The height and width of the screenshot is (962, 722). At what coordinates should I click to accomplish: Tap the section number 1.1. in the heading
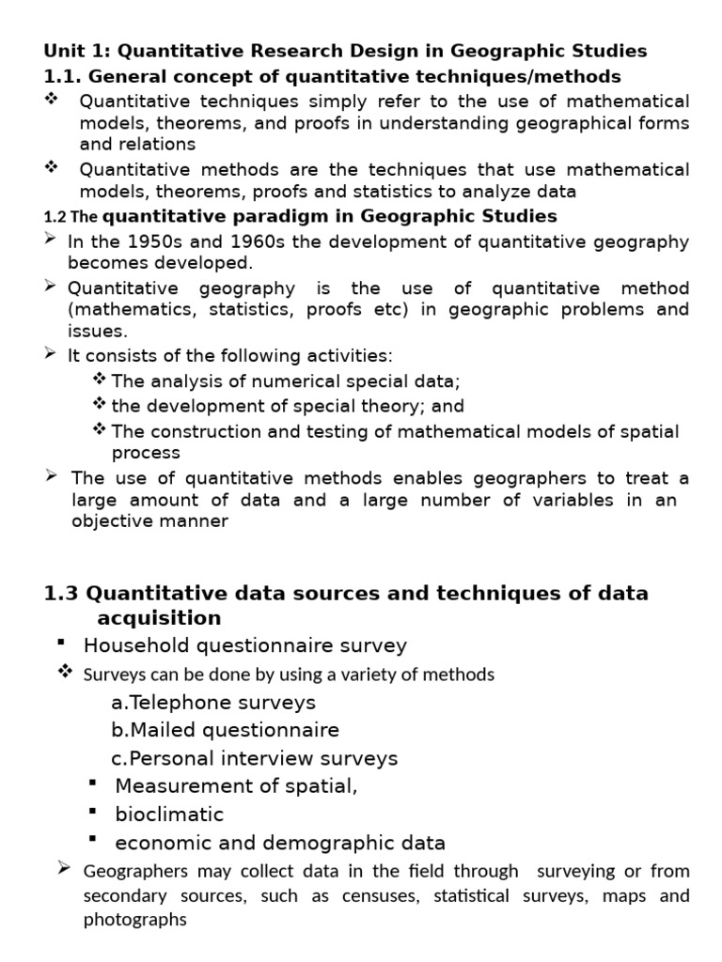[x=62, y=76]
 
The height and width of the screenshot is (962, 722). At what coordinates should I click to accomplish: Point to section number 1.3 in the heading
[x=62, y=594]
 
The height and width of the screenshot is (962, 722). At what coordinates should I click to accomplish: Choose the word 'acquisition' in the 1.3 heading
[x=159, y=617]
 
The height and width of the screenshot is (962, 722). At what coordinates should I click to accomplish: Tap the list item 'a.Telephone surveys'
[x=212, y=702]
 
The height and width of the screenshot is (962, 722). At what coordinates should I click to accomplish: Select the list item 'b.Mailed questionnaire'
[x=225, y=730]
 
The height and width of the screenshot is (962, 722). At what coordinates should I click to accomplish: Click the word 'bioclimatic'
[x=169, y=814]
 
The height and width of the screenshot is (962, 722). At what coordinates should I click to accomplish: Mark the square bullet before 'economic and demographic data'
[x=92, y=838]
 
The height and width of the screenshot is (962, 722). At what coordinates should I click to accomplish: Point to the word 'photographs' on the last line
[x=135, y=920]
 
